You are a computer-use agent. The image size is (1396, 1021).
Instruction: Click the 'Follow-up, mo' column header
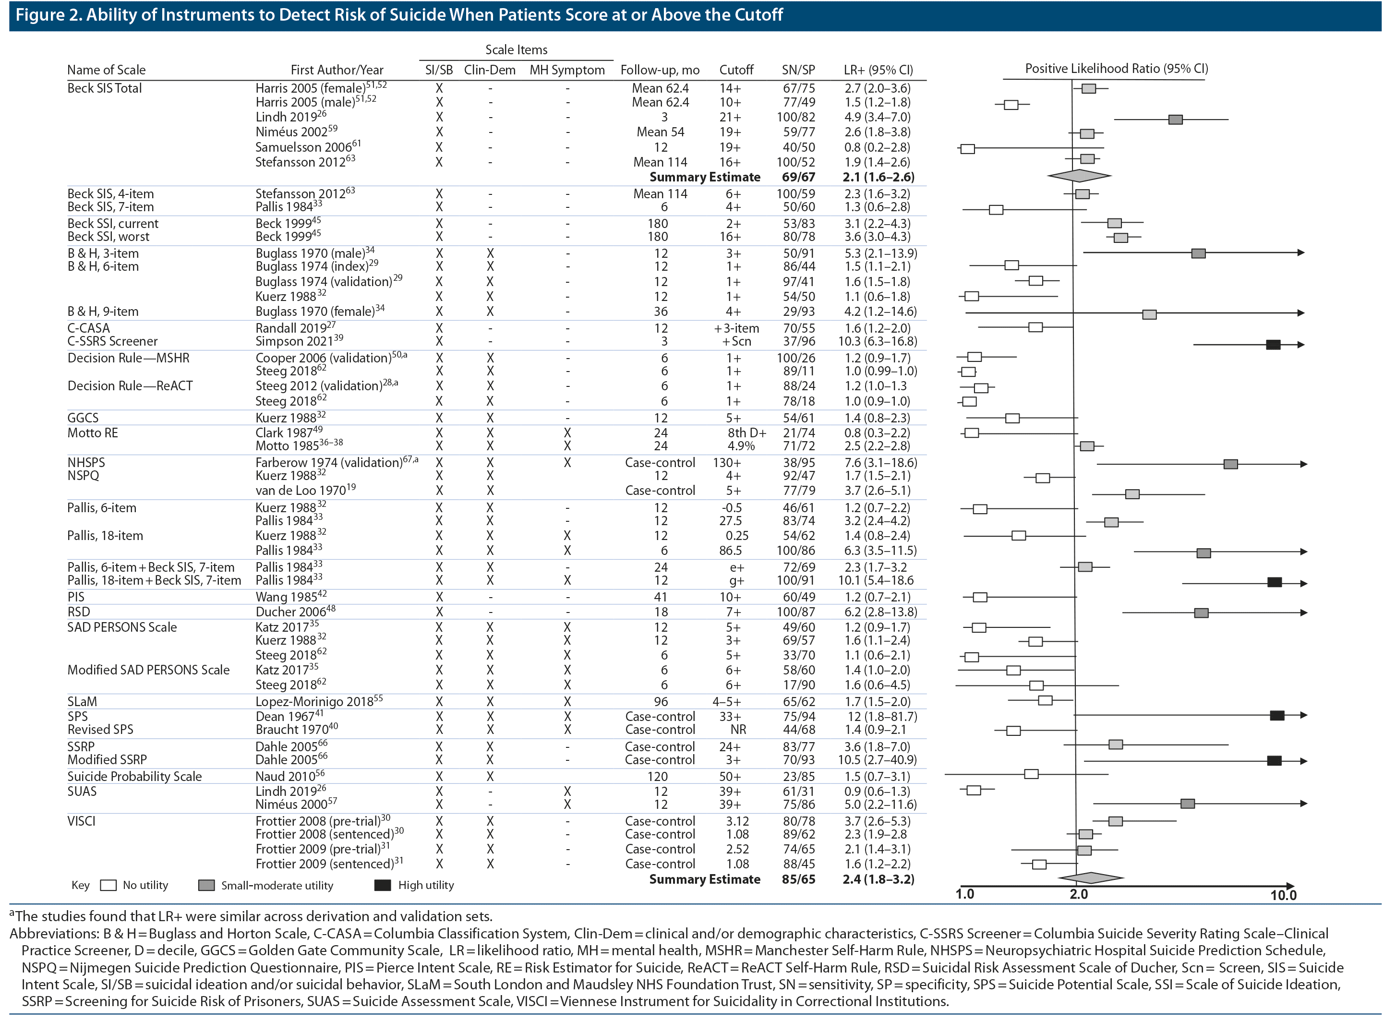click(660, 70)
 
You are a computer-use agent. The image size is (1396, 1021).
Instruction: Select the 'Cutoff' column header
click(736, 70)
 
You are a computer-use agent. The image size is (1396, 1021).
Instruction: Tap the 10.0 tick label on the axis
click(1283, 895)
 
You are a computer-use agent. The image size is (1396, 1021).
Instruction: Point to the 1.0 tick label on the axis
click(964, 894)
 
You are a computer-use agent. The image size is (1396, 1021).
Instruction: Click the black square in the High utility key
click(383, 885)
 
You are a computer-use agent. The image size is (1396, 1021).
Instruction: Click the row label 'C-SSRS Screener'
click(112, 341)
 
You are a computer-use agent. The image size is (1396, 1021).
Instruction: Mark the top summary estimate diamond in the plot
click(1079, 176)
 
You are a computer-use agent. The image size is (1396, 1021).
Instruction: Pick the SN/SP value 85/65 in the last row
click(798, 879)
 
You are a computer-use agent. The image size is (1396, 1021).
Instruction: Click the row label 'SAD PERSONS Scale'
click(122, 627)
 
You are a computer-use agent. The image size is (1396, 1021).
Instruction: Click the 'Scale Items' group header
click(516, 49)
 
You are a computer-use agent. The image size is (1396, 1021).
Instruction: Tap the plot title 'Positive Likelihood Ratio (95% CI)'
click(1116, 69)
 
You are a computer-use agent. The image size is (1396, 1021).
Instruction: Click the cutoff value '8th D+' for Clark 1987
click(746, 432)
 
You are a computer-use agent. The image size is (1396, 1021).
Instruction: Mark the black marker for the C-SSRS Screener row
click(1273, 345)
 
